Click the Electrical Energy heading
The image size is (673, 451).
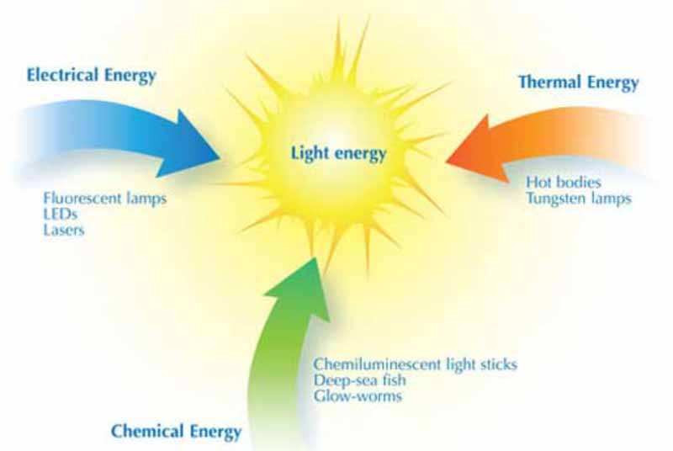tap(91, 76)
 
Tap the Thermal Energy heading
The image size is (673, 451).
tap(579, 82)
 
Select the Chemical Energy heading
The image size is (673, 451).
tap(176, 432)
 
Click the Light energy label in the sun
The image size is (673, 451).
tap(339, 154)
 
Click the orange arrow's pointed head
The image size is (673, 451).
tap(447, 162)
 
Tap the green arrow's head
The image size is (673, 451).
tap(315, 257)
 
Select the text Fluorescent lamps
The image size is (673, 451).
tap(104, 199)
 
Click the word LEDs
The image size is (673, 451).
tap(60, 214)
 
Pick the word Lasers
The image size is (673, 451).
tap(64, 230)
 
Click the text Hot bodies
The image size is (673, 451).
tap(564, 182)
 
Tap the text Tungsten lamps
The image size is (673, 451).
tap(579, 199)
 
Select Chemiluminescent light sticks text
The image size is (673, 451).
tap(416, 364)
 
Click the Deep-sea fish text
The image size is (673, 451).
tap(360, 380)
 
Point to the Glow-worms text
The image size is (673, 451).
tap(358, 395)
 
